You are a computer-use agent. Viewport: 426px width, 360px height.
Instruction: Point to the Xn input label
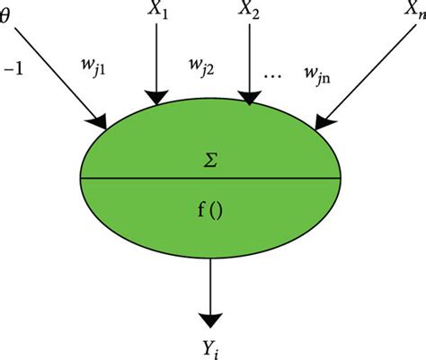(413, 12)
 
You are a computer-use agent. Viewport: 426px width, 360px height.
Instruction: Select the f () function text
(212, 215)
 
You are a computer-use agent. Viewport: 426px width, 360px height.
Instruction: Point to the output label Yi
(213, 346)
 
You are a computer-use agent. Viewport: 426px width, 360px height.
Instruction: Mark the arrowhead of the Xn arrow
(321, 118)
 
